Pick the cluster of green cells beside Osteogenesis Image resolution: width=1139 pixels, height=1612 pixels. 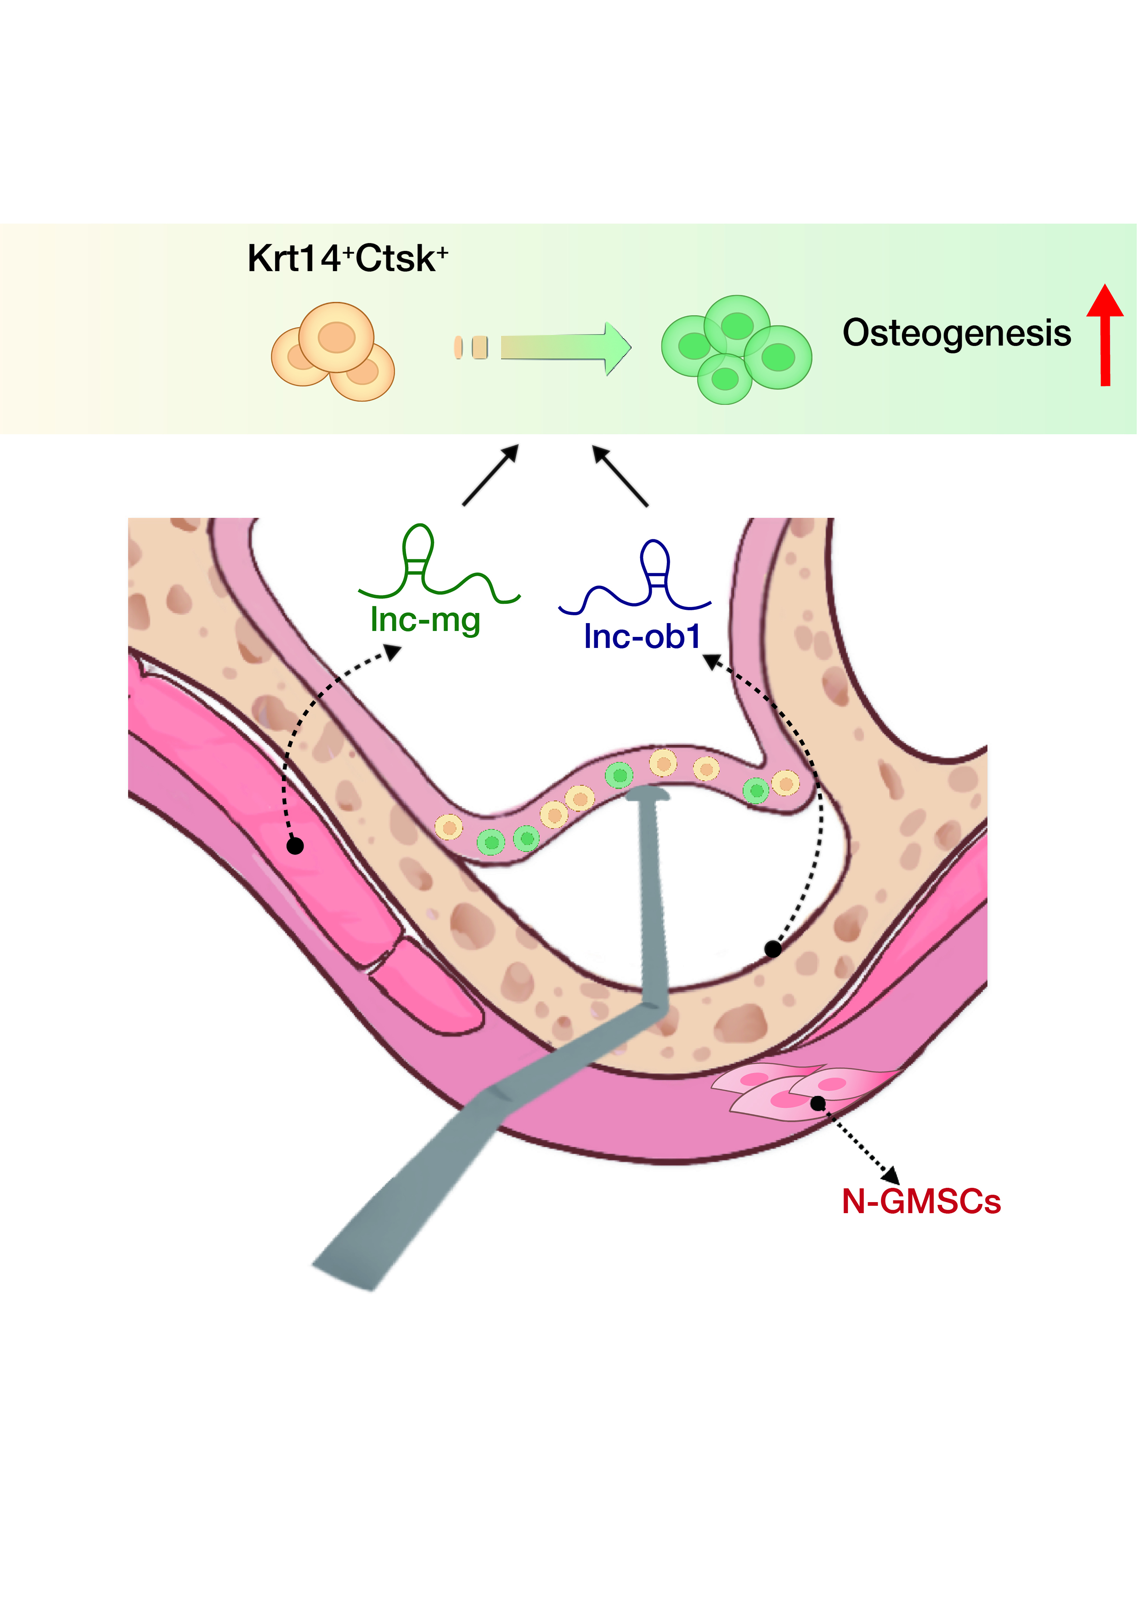click(735, 349)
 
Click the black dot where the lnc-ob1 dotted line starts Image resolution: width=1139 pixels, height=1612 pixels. click(773, 949)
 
